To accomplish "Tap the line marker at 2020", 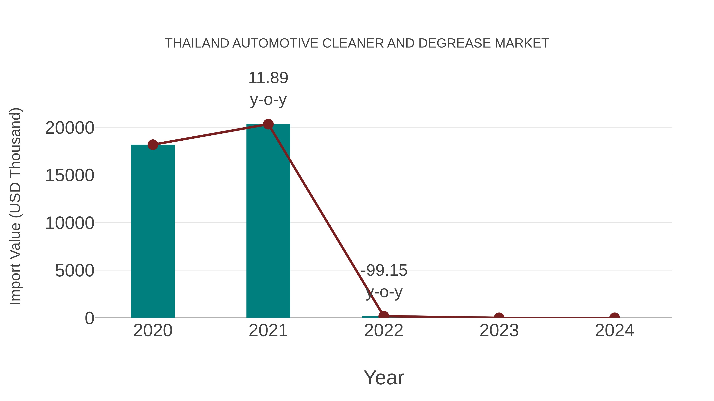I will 153,145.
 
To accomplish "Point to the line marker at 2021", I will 268,124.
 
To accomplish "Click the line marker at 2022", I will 384,315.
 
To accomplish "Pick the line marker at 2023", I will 499,317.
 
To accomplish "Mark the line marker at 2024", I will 614,317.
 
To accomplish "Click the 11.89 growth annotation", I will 268,88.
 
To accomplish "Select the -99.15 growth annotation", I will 384,281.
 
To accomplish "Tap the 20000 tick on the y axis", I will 70,128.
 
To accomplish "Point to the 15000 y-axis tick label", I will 70,175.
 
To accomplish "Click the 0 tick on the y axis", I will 89,318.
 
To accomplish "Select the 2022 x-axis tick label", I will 384,331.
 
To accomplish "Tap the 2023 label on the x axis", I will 499,331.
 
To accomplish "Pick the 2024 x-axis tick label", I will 614,331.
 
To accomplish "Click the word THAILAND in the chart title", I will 197,43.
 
